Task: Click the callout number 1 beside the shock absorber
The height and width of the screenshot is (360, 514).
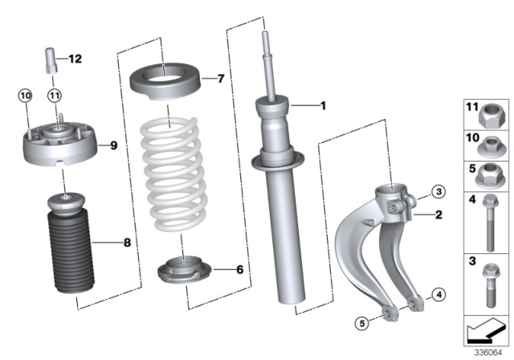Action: coord(324,104)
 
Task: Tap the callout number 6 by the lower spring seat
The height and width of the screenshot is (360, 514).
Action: coord(239,270)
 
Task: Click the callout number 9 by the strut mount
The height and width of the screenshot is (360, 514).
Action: coord(113,145)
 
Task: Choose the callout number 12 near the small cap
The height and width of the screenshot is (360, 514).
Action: coord(75,59)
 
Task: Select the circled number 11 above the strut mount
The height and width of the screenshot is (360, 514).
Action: coord(54,96)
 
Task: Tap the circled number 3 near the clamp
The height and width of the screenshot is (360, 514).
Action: coord(438,191)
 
